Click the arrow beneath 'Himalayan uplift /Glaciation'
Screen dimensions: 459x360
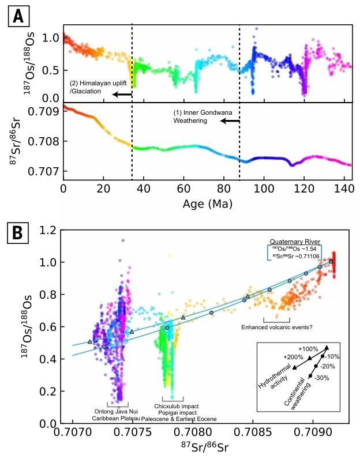point(122,93)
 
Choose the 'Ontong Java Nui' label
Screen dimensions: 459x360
point(117,411)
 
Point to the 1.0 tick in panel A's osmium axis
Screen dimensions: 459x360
point(51,38)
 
